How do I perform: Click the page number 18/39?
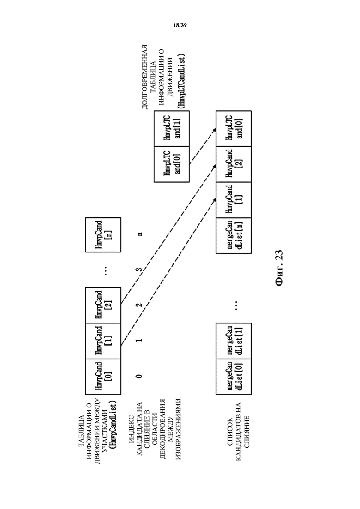tap(180, 25)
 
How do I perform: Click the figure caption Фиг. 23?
tap(279, 268)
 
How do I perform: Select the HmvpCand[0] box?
tap(103, 377)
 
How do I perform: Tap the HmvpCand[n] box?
tap(103, 235)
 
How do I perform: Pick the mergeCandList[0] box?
tap(234, 377)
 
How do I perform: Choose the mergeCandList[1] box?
tap(234, 341)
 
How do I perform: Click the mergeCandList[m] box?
tap(234, 235)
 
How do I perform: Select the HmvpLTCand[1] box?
tap(171, 129)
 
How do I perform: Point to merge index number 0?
tap(139, 376)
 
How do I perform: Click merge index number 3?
tap(139, 269)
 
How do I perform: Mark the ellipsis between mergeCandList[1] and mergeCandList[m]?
tap(237, 305)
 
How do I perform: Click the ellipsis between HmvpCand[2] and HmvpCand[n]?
tap(106, 270)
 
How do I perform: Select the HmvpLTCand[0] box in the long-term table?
tap(171, 164)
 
